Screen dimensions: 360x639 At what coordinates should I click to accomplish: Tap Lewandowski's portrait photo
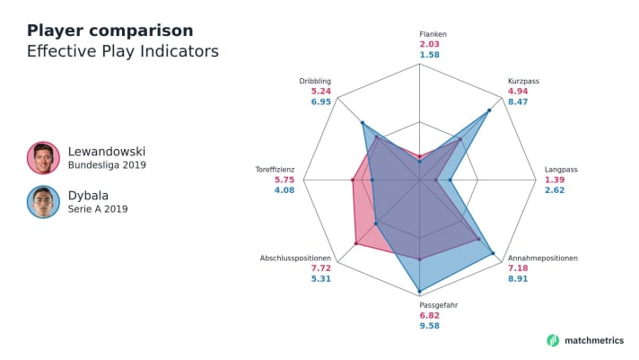click(x=42, y=157)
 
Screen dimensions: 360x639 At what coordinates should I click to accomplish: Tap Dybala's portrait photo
click(x=42, y=202)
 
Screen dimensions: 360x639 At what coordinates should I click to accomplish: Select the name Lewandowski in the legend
click(x=106, y=151)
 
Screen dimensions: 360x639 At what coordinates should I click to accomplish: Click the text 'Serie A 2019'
click(x=98, y=209)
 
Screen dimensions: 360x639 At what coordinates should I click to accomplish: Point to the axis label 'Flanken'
click(x=432, y=34)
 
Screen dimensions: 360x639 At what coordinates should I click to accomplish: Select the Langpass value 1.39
click(x=554, y=180)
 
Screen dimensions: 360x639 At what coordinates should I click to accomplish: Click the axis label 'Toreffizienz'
click(x=281, y=169)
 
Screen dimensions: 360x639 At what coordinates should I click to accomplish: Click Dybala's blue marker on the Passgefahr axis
click(x=419, y=292)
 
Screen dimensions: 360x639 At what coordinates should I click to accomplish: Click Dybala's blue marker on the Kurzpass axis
click(x=489, y=110)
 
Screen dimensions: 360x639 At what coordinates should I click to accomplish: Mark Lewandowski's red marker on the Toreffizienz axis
click(x=352, y=180)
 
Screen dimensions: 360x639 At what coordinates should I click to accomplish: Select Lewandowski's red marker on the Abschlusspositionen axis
click(x=356, y=243)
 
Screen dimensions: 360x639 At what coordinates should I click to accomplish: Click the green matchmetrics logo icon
click(x=553, y=340)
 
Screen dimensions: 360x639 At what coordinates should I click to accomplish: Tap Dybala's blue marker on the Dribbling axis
click(x=363, y=124)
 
